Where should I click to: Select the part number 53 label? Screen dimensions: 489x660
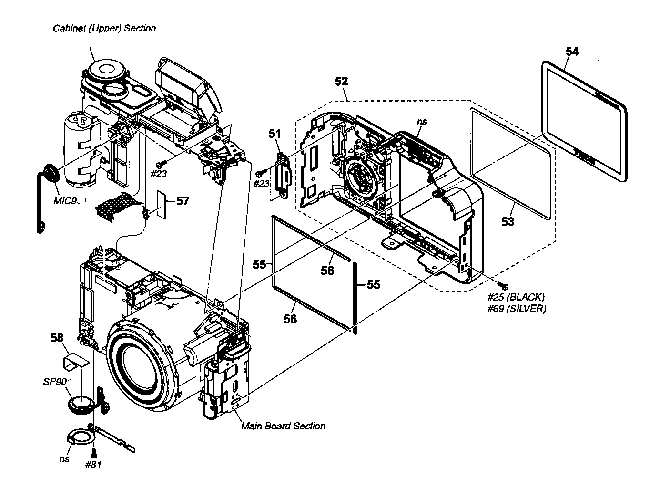[508, 221]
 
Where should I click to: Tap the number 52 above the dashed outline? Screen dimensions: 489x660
[341, 81]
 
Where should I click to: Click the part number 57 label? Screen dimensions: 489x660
[182, 201]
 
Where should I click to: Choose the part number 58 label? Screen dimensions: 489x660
[57, 338]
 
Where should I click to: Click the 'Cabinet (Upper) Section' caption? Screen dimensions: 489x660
[104, 28]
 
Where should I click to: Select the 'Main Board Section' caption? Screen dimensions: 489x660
[283, 426]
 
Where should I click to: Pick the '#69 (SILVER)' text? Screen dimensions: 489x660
[517, 309]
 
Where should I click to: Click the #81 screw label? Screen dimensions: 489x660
[93, 464]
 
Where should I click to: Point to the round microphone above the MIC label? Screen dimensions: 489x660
[50, 173]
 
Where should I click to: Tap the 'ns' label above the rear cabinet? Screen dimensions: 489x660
[421, 122]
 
